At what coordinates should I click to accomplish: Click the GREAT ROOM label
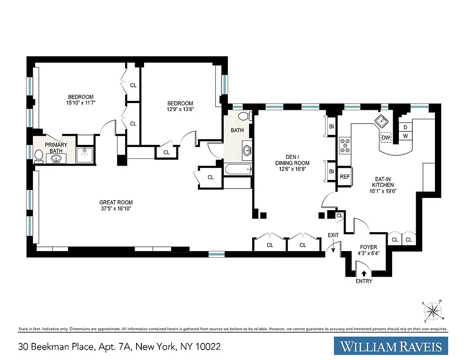116,202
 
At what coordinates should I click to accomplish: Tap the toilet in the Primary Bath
39,156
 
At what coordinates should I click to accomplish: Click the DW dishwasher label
386,138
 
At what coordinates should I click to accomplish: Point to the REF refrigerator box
345,177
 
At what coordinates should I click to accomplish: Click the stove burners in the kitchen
345,146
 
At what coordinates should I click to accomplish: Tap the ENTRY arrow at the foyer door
364,272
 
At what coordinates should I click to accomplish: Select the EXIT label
333,235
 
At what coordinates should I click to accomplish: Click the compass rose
434,311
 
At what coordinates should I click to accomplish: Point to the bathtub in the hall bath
238,170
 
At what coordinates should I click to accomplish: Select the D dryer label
405,127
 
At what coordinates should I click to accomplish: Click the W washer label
405,136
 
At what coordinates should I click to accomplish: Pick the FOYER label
368,247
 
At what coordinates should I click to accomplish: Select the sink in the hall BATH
247,150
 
